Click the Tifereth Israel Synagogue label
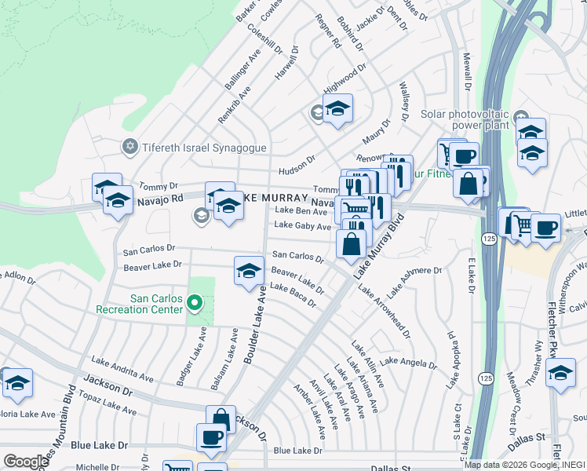point(204,148)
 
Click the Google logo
point(25,462)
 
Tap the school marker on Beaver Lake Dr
point(249,271)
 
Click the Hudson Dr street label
point(297,170)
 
